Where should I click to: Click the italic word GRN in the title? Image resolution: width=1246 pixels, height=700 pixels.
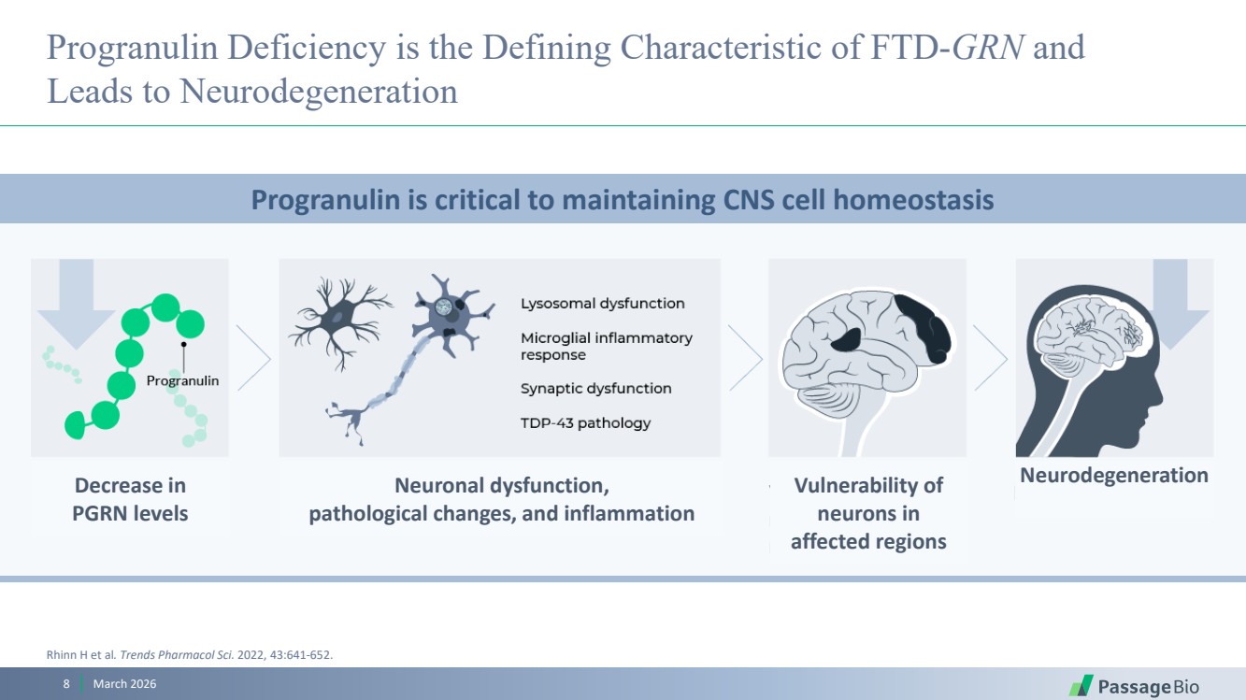tap(988, 47)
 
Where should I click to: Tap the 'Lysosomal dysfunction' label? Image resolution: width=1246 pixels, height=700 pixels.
tap(602, 304)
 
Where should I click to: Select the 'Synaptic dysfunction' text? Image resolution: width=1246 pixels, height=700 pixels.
tap(595, 388)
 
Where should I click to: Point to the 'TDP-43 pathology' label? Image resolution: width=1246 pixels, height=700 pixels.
tap(585, 423)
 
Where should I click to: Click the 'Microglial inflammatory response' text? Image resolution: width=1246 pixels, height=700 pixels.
tap(607, 346)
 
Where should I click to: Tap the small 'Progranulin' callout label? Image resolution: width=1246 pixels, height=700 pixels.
tap(182, 381)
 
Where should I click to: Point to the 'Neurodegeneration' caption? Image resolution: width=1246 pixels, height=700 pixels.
tap(1114, 476)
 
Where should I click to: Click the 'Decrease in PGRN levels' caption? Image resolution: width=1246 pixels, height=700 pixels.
tap(130, 499)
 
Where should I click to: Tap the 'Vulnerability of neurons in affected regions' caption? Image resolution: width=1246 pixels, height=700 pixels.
tap(868, 513)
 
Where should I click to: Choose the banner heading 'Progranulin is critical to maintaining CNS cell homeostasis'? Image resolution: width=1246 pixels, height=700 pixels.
tap(623, 200)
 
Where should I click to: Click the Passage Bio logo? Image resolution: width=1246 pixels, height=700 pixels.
tap(1134, 686)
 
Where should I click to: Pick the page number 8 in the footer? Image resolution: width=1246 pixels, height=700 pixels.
tap(66, 684)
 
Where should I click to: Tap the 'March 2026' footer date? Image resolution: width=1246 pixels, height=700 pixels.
tap(124, 684)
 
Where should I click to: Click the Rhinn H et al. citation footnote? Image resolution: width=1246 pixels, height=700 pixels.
tap(190, 654)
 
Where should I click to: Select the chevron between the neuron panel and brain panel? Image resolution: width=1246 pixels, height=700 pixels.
tap(745, 358)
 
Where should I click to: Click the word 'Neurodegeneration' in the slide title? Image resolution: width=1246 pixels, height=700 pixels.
tap(319, 92)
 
